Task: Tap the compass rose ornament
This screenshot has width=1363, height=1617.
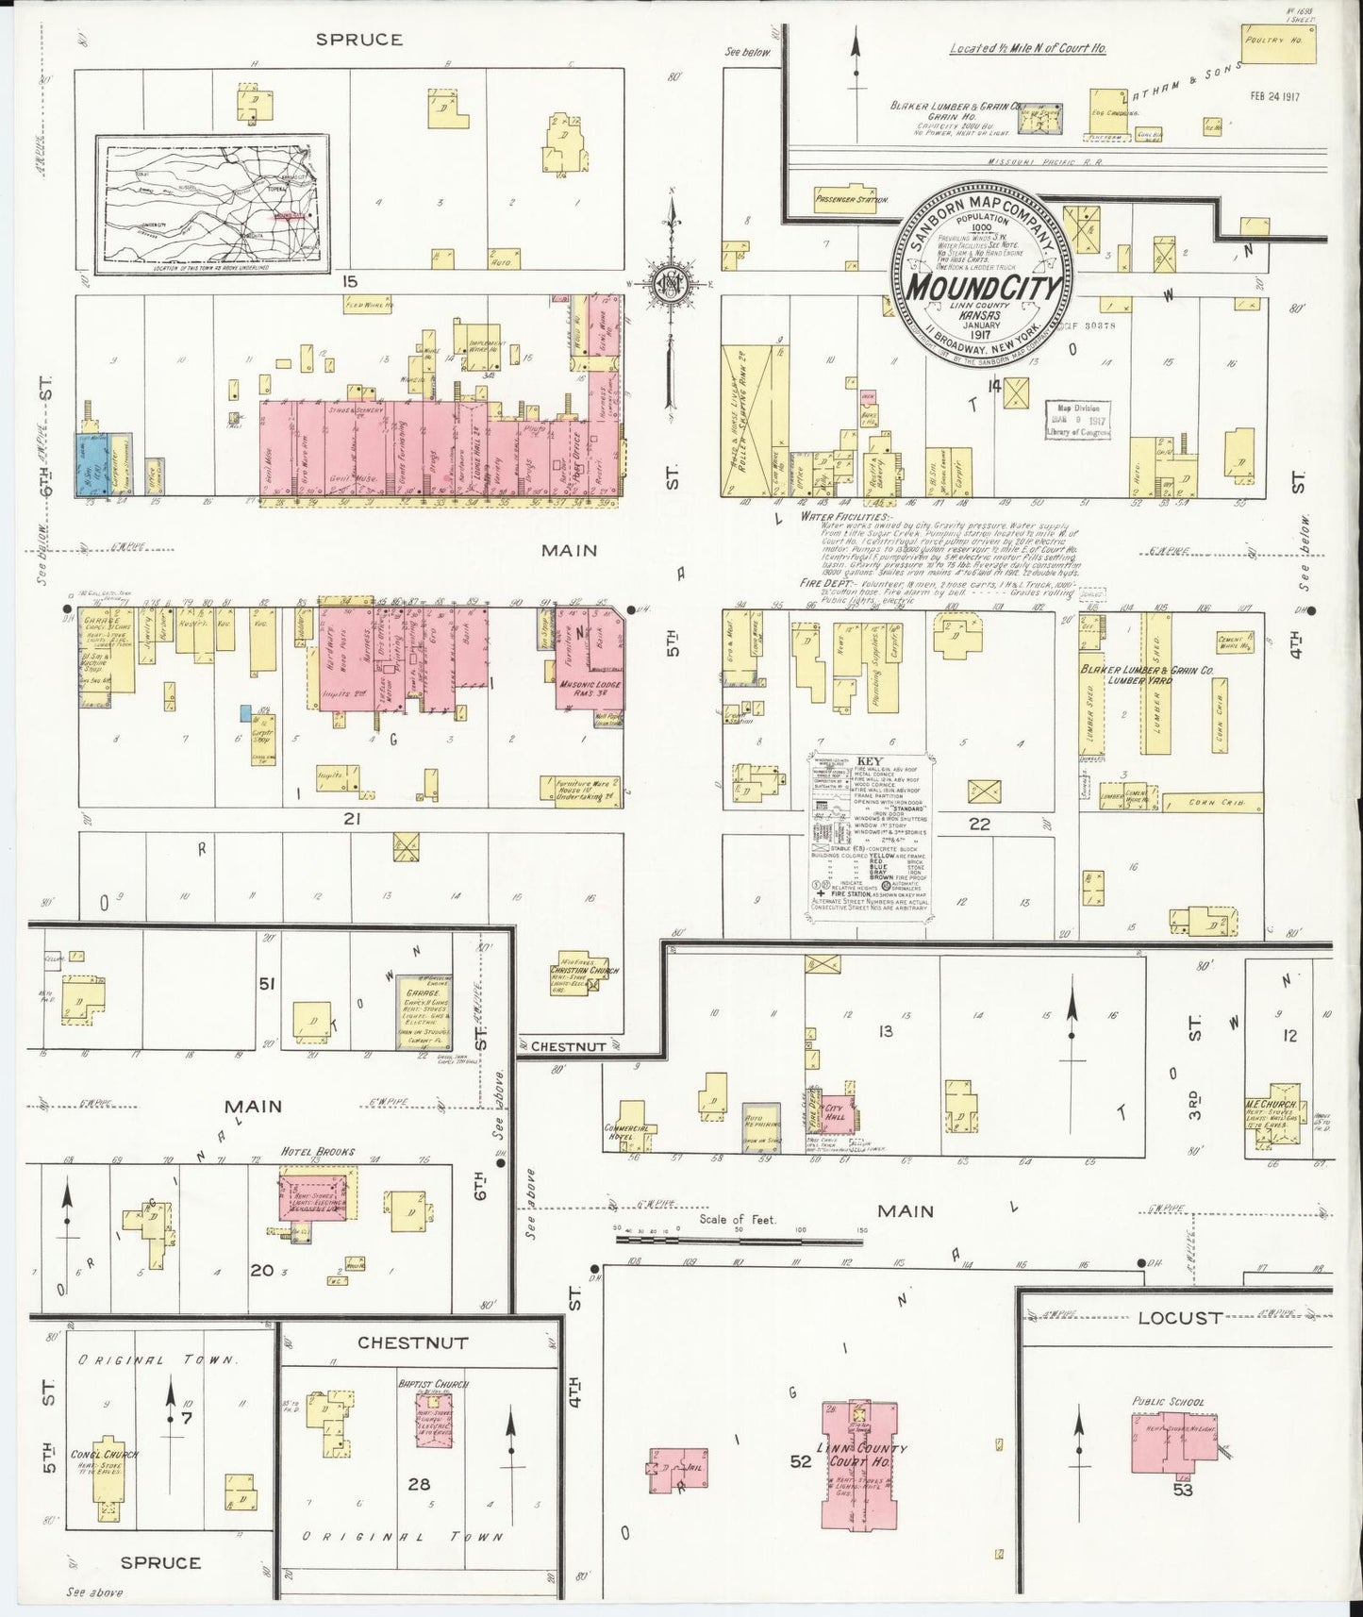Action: point(671,285)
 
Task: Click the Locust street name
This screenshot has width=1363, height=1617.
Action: point(1178,1318)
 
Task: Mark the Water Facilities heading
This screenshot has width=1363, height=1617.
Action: point(844,518)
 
